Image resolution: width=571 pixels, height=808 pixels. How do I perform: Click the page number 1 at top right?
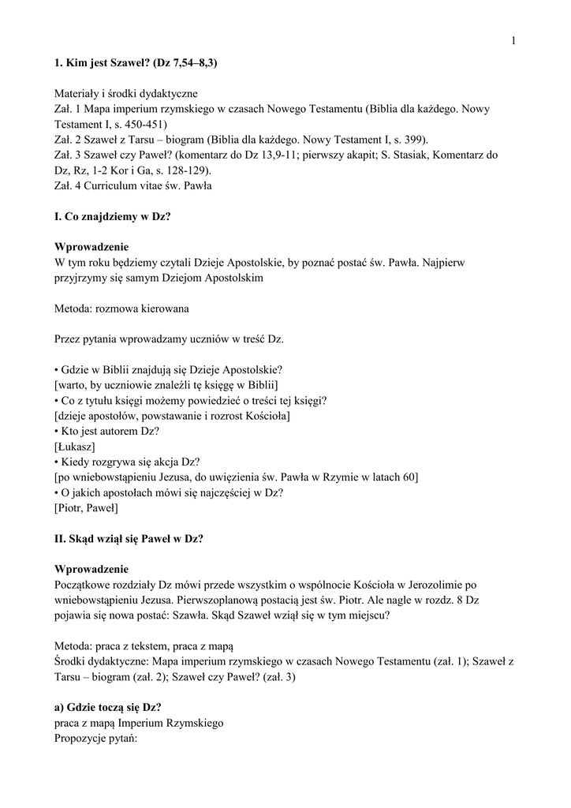click(513, 41)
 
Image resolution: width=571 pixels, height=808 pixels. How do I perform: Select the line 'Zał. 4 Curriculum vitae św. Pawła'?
click(132, 186)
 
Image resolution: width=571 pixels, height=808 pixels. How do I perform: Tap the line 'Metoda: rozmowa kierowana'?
click(121, 309)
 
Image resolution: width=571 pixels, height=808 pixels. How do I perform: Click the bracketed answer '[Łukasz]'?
click(74, 447)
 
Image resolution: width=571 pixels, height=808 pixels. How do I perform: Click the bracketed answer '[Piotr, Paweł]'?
click(86, 508)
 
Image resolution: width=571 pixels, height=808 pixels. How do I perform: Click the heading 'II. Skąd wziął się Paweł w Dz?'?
click(129, 539)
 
